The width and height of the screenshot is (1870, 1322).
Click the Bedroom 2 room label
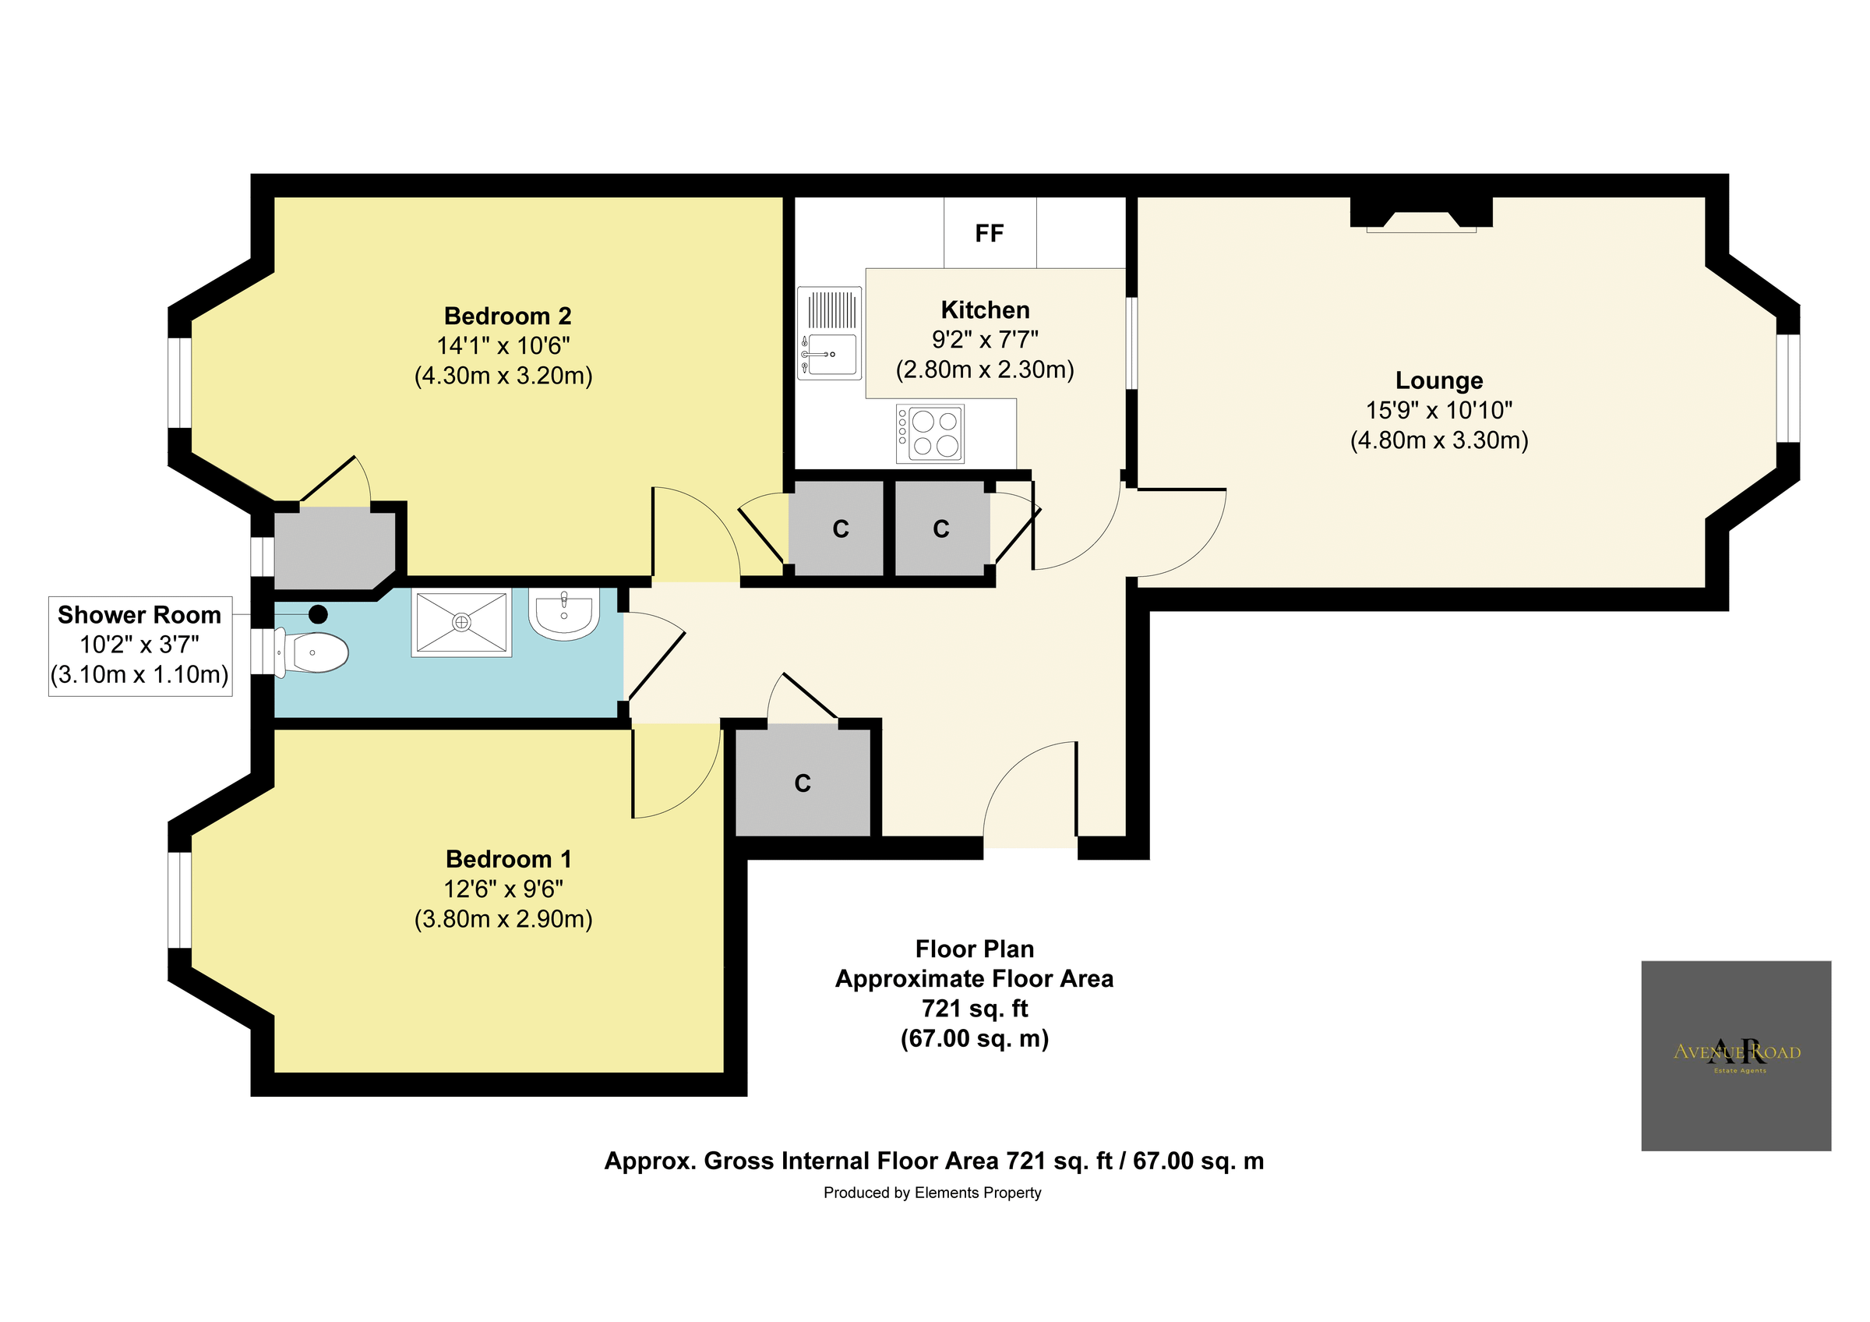(x=507, y=316)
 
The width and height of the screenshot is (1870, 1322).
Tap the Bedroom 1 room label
(x=508, y=859)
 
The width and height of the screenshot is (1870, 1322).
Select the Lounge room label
(x=1439, y=380)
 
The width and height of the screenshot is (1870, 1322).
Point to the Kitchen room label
(x=985, y=310)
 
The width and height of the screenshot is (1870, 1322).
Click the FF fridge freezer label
(x=989, y=235)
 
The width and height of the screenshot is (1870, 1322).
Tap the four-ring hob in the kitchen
(x=930, y=433)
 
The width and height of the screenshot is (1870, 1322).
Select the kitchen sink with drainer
(x=829, y=333)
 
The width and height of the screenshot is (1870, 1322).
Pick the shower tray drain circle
(x=462, y=623)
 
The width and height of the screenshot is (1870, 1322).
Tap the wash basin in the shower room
(x=564, y=613)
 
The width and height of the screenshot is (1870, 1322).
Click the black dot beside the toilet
(x=318, y=614)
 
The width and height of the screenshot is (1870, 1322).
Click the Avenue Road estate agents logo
(x=1737, y=1055)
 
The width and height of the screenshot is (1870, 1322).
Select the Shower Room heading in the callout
(x=139, y=615)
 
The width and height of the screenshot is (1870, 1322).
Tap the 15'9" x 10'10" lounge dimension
(x=1439, y=411)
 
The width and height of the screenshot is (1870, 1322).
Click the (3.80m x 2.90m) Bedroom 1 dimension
(x=503, y=920)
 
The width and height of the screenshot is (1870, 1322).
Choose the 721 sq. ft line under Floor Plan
(x=974, y=1009)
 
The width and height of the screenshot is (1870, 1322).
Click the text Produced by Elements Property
(x=933, y=1193)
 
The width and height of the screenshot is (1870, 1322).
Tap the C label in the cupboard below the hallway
(x=803, y=783)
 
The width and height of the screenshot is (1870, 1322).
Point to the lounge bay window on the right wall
(x=1788, y=387)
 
